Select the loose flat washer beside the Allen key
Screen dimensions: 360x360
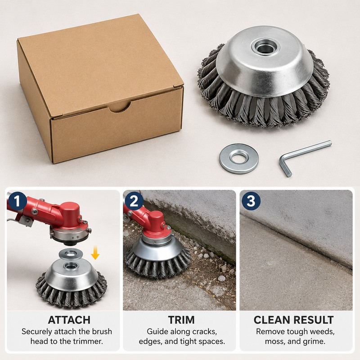239,158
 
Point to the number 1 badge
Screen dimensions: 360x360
17,201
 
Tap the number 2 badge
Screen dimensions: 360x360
134,201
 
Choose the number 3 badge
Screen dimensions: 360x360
251,201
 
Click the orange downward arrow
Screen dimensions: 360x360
95,252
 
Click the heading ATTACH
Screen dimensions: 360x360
69,320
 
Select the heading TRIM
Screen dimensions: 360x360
181,320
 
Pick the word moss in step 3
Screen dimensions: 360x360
274,342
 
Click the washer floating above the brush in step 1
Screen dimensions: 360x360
71,254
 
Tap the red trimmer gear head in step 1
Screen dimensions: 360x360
69,220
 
